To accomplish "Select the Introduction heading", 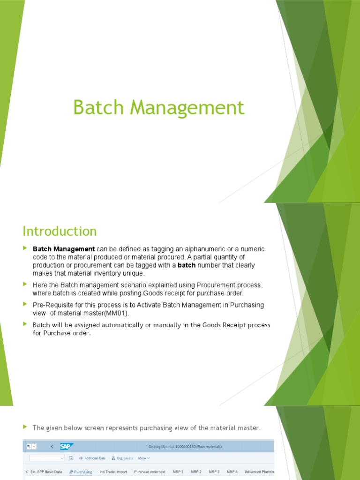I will (x=60, y=231).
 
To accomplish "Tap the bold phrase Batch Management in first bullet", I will (x=64, y=249).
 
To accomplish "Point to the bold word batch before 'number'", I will (x=186, y=265).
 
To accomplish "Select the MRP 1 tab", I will (x=178, y=472).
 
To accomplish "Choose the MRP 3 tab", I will (x=214, y=472).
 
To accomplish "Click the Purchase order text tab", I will (x=150, y=472).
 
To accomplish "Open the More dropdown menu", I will (x=144, y=458).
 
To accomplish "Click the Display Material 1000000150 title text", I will (x=185, y=447).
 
